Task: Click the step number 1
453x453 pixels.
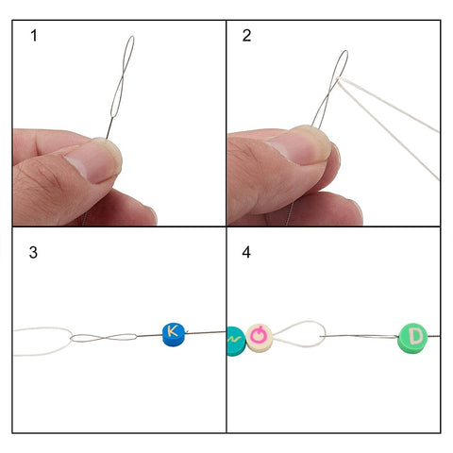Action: [x=34, y=36]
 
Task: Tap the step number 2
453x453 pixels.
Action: [x=246, y=36]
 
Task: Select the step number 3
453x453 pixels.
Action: [x=33, y=253]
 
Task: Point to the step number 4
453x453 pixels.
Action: [x=246, y=252]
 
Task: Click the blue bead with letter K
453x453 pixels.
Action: [x=174, y=334]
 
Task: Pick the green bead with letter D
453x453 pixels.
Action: [x=412, y=338]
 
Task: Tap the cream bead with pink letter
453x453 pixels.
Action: [x=259, y=338]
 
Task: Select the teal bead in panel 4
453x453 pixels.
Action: [x=236, y=342]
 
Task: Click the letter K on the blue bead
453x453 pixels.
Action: [x=172, y=331]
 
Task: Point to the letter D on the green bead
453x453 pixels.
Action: [x=416, y=336]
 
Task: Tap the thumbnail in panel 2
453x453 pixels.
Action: [x=299, y=144]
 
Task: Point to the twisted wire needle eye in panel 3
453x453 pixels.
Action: [x=104, y=338]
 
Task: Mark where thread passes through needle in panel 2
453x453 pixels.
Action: [x=339, y=78]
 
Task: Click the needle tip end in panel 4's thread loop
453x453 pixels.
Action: [x=321, y=337]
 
